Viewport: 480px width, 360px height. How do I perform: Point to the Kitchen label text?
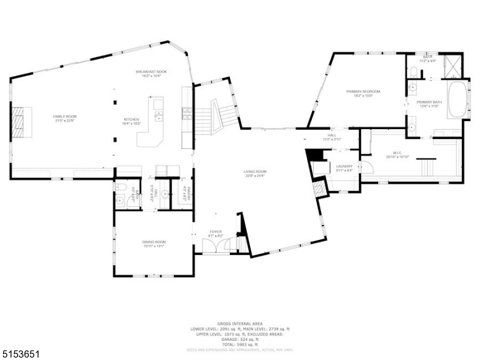tap(131, 119)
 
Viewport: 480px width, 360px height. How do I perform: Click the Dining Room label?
tap(154, 241)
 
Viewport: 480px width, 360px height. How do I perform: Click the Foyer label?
tap(215, 231)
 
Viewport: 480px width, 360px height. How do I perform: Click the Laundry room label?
tap(344, 166)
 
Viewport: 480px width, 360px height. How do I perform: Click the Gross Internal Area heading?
tap(240, 323)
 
